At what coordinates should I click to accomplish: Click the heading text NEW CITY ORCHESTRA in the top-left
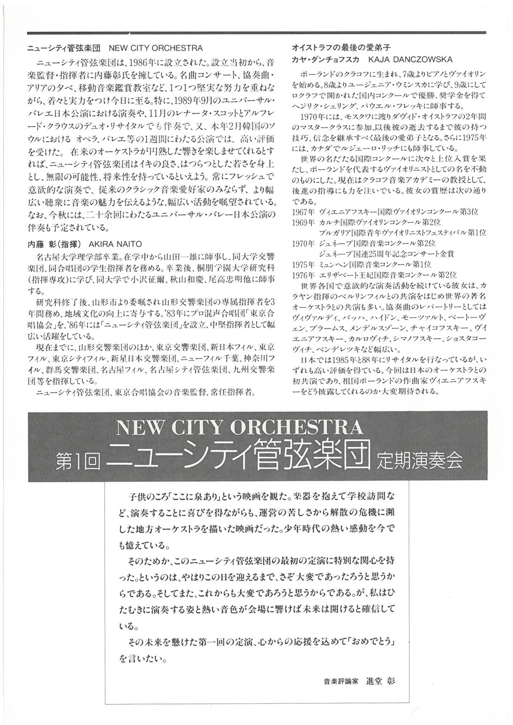pyautogui.click(x=156, y=48)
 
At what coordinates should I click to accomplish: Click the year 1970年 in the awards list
pyautogui.click(x=303, y=243)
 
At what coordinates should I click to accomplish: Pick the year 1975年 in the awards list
pyautogui.click(x=303, y=264)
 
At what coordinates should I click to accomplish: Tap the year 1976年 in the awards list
pyautogui.click(x=303, y=275)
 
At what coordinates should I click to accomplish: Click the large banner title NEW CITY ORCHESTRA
pyautogui.click(x=240, y=427)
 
